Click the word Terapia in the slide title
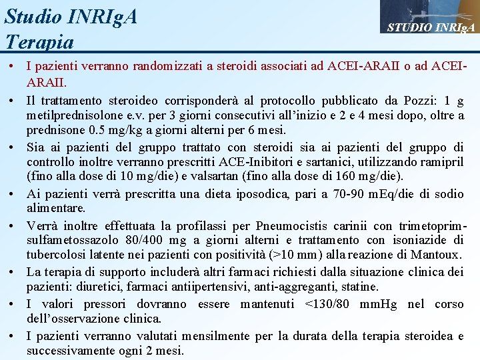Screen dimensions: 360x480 click(x=39, y=42)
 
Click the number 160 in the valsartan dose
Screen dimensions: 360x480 click(x=356, y=176)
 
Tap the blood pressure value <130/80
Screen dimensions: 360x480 click(x=337, y=305)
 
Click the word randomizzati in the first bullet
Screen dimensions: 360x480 click(x=164, y=66)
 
